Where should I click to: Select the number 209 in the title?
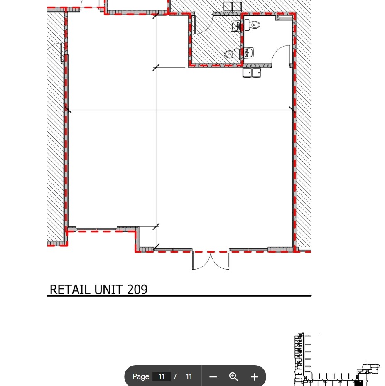137,289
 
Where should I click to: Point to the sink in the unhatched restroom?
248,53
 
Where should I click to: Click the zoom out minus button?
213,377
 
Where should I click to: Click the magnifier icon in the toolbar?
234,377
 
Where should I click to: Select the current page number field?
162,377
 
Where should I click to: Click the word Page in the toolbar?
141,377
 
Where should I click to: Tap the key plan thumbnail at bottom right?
336,359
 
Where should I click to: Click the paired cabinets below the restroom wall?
252,73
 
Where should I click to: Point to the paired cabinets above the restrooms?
232,7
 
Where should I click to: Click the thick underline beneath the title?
179,296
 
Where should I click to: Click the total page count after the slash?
189,377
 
